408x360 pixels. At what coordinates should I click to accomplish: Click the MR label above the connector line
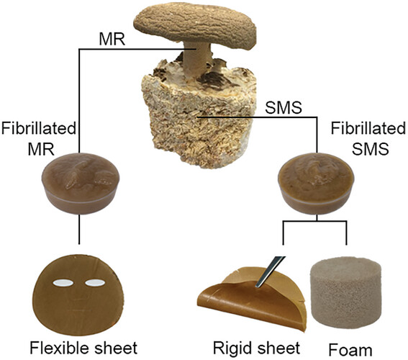coord(112,40)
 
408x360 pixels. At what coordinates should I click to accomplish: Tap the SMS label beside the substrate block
coord(284,107)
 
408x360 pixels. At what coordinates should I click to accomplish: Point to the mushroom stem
coord(197,60)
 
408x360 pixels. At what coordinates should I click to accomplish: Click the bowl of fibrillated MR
coord(79,183)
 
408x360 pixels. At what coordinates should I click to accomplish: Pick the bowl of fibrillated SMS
coord(316,183)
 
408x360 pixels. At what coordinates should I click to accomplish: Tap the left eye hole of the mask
coord(63,283)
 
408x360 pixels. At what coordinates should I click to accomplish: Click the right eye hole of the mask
coord(95,283)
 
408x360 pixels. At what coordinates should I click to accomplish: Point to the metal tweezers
coord(270,271)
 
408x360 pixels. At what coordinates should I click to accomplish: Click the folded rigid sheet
coord(253,299)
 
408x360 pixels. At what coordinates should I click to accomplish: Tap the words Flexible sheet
coord(83,348)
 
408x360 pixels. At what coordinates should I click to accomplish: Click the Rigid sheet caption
coord(257,348)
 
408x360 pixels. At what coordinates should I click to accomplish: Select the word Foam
coord(350,350)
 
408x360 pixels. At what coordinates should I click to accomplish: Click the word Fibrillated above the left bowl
coord(39,129)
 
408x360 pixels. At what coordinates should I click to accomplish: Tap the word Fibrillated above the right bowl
coord(368,129)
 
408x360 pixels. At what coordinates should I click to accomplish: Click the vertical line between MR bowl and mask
coord(79,230)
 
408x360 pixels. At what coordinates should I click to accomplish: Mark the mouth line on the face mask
coord(78,310)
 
